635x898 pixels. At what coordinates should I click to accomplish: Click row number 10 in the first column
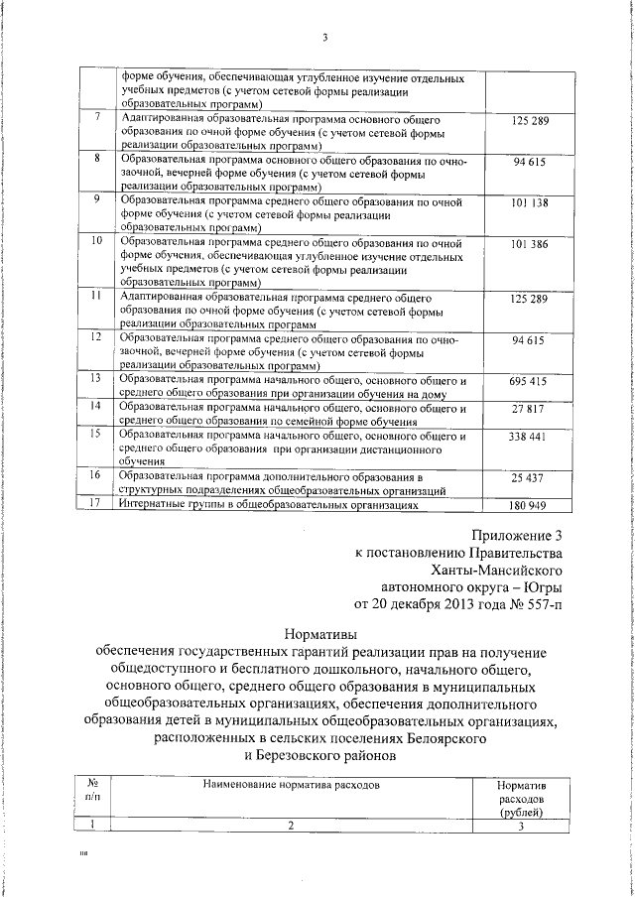click(x=96, y=241)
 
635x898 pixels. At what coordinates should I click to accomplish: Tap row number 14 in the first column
click(x=96, y=406)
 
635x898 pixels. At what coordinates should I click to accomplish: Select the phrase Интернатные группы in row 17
click(x=166, y=504)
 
